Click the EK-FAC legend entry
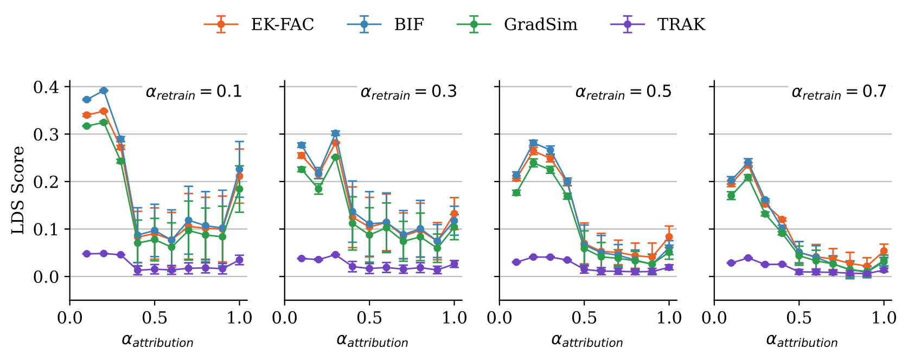pyautogui.click(x=259, y=24)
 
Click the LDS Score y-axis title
pyautogui.click(x=18, y=190)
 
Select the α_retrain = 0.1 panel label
pyautogui.click(x=194, y=92)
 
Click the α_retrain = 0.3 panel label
pyautogui.click(x=408, y=92)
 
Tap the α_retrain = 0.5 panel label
pyautogui.click(x=623, y=92)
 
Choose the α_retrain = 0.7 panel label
pyautogui.click(x=839, y=92)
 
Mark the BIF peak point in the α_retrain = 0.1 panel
pyautogui.click(x=104, y=91)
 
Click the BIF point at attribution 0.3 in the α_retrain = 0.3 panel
pyautogui.click(x=335, y=133)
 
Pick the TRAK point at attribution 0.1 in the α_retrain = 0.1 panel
pyautogui.click(x=87, y=254)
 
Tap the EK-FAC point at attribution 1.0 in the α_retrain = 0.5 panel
pyautogui.click(x=669, y=237)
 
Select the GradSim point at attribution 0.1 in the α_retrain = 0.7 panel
pyautogui.click(x=731, y=195)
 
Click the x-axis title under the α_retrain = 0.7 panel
pyautogui.click(x=802, y=341)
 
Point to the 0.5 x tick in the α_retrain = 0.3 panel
pyautogui.click(x=369, y=318)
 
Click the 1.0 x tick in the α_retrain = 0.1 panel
pyautogui.click(x=239, y=318)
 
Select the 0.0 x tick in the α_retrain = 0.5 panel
pyautogui.click(x=500, y=318)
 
